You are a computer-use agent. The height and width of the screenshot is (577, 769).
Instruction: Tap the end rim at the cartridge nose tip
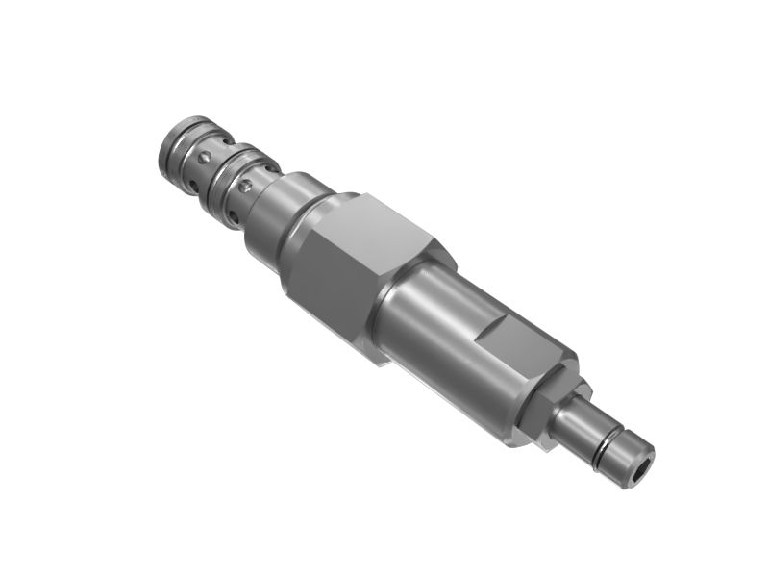point(167,146)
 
